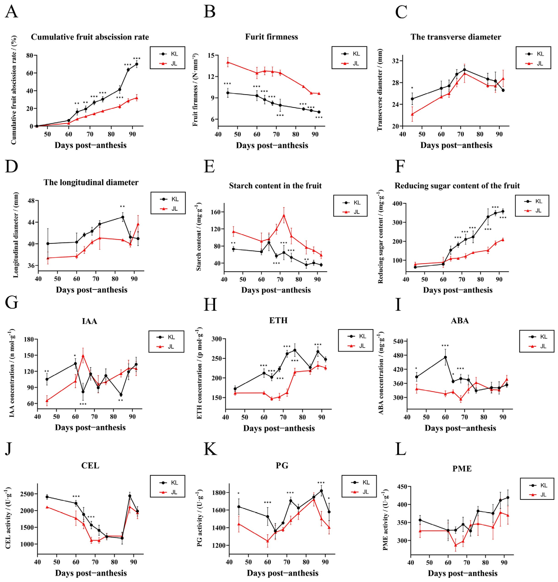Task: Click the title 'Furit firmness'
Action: pyautogui.click(x=271, y=37)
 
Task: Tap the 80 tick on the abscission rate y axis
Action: pyautogui.click(x=29, y=55)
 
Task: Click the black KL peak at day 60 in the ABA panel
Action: pyautogui.click(x=445, y=357)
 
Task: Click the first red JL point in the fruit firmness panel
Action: pyautogui.click(x=228, y=62)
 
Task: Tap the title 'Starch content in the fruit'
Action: pyautogui.click(x=275, y=186)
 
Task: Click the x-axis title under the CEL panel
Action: pyautogui.click(x=91, y=573)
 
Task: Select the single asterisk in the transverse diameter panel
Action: pyautogui.click(x=412, y=88)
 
